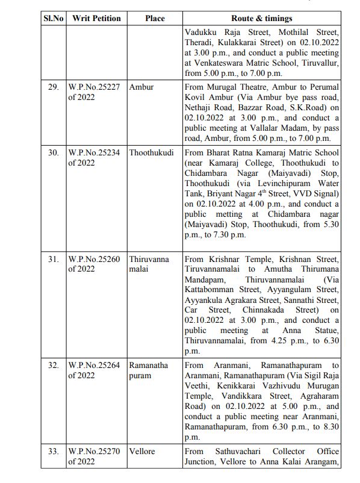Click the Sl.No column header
coord(52,18)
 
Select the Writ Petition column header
coord(96,18)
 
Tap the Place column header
coord(155,18)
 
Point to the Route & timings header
coord(262,18)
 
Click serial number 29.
coord(53,87)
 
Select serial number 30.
coord(53,152)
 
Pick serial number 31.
coord(53,260)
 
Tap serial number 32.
coord(53,366)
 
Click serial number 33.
coord(53,451)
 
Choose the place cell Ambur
coord(141,87)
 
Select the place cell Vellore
coord(142,451)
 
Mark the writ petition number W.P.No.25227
coord(94,87)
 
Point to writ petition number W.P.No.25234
coord(94,152)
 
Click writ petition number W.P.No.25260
coord(94,260)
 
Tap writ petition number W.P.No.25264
coord(94,366)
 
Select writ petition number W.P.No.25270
coord(94,451)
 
